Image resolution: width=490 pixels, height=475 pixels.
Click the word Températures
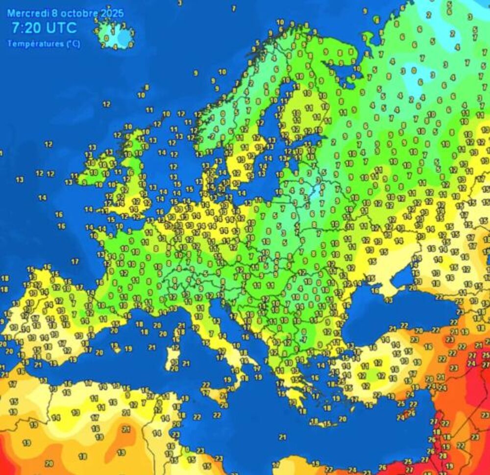31,44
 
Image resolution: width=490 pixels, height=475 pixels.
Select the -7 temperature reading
304,339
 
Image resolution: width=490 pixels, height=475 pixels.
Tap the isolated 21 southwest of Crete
282,436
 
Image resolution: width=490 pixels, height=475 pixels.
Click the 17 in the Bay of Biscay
75,262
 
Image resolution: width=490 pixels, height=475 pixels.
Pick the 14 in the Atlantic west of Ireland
43,198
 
